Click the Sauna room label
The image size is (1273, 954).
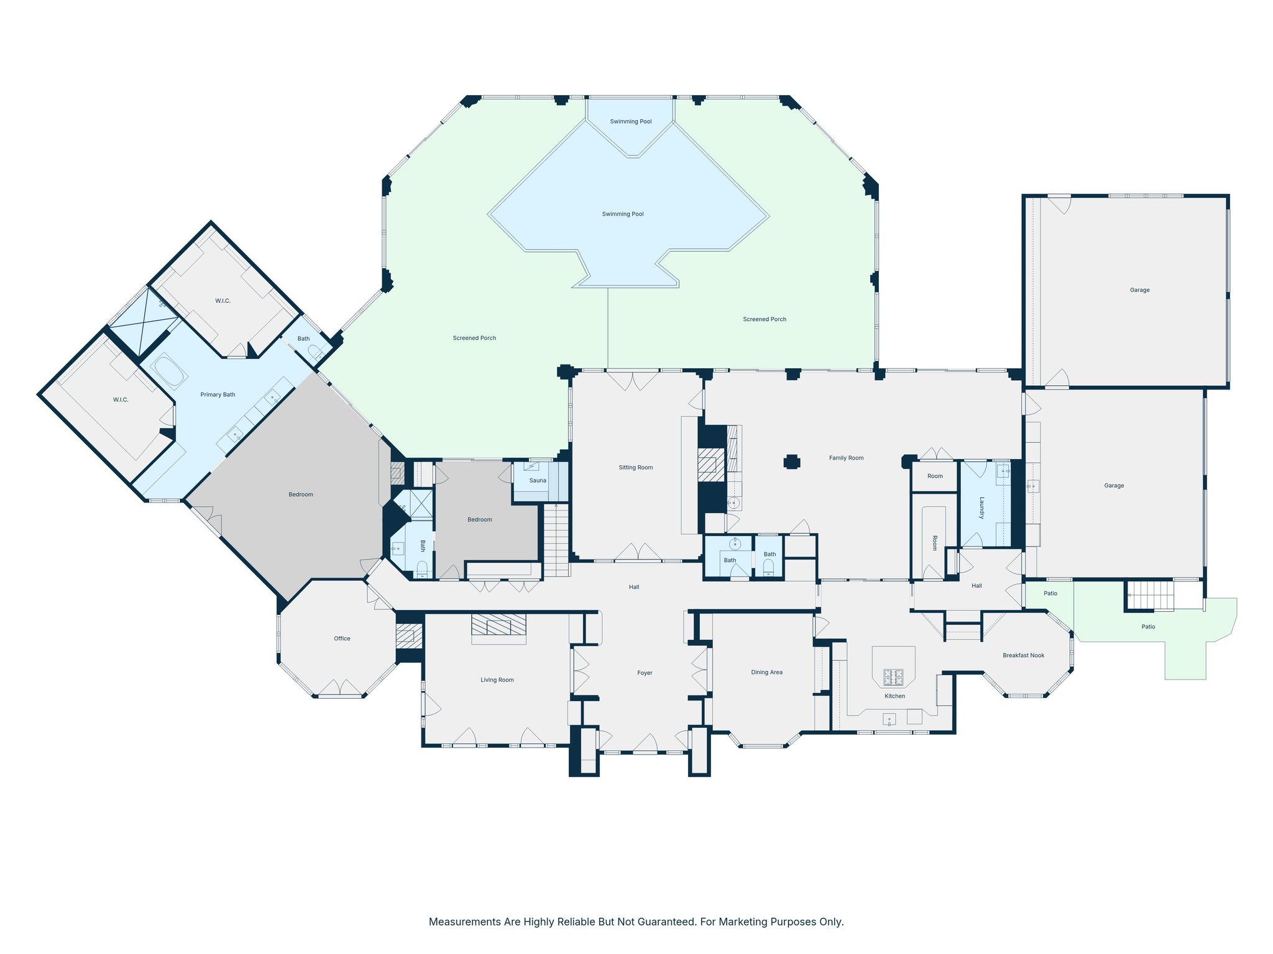(x=538, y=480)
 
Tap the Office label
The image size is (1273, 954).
(x=342, y=638)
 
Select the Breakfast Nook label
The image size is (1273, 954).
(x=1023, y=655)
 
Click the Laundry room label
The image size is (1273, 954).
(x=981, y=507)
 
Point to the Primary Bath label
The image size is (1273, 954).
(x=218, y=394)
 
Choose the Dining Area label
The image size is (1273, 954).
(x=766, y=672)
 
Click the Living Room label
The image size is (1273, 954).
(x=497, y=680)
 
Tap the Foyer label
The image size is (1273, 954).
(x=645, y=673)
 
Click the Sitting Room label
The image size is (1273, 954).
(x=636, y=468)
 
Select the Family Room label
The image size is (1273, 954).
(x=846, y=458)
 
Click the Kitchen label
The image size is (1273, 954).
(x=894, y=696)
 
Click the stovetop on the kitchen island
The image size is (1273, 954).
(x=893, y=676)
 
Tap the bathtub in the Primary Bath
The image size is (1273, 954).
(x=168, y=371)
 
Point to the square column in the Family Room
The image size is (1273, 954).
(x=791, y=461)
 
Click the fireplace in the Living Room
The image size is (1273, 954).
(x=499, y=629)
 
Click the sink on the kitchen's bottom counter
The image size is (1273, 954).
(x=889, y=720)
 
